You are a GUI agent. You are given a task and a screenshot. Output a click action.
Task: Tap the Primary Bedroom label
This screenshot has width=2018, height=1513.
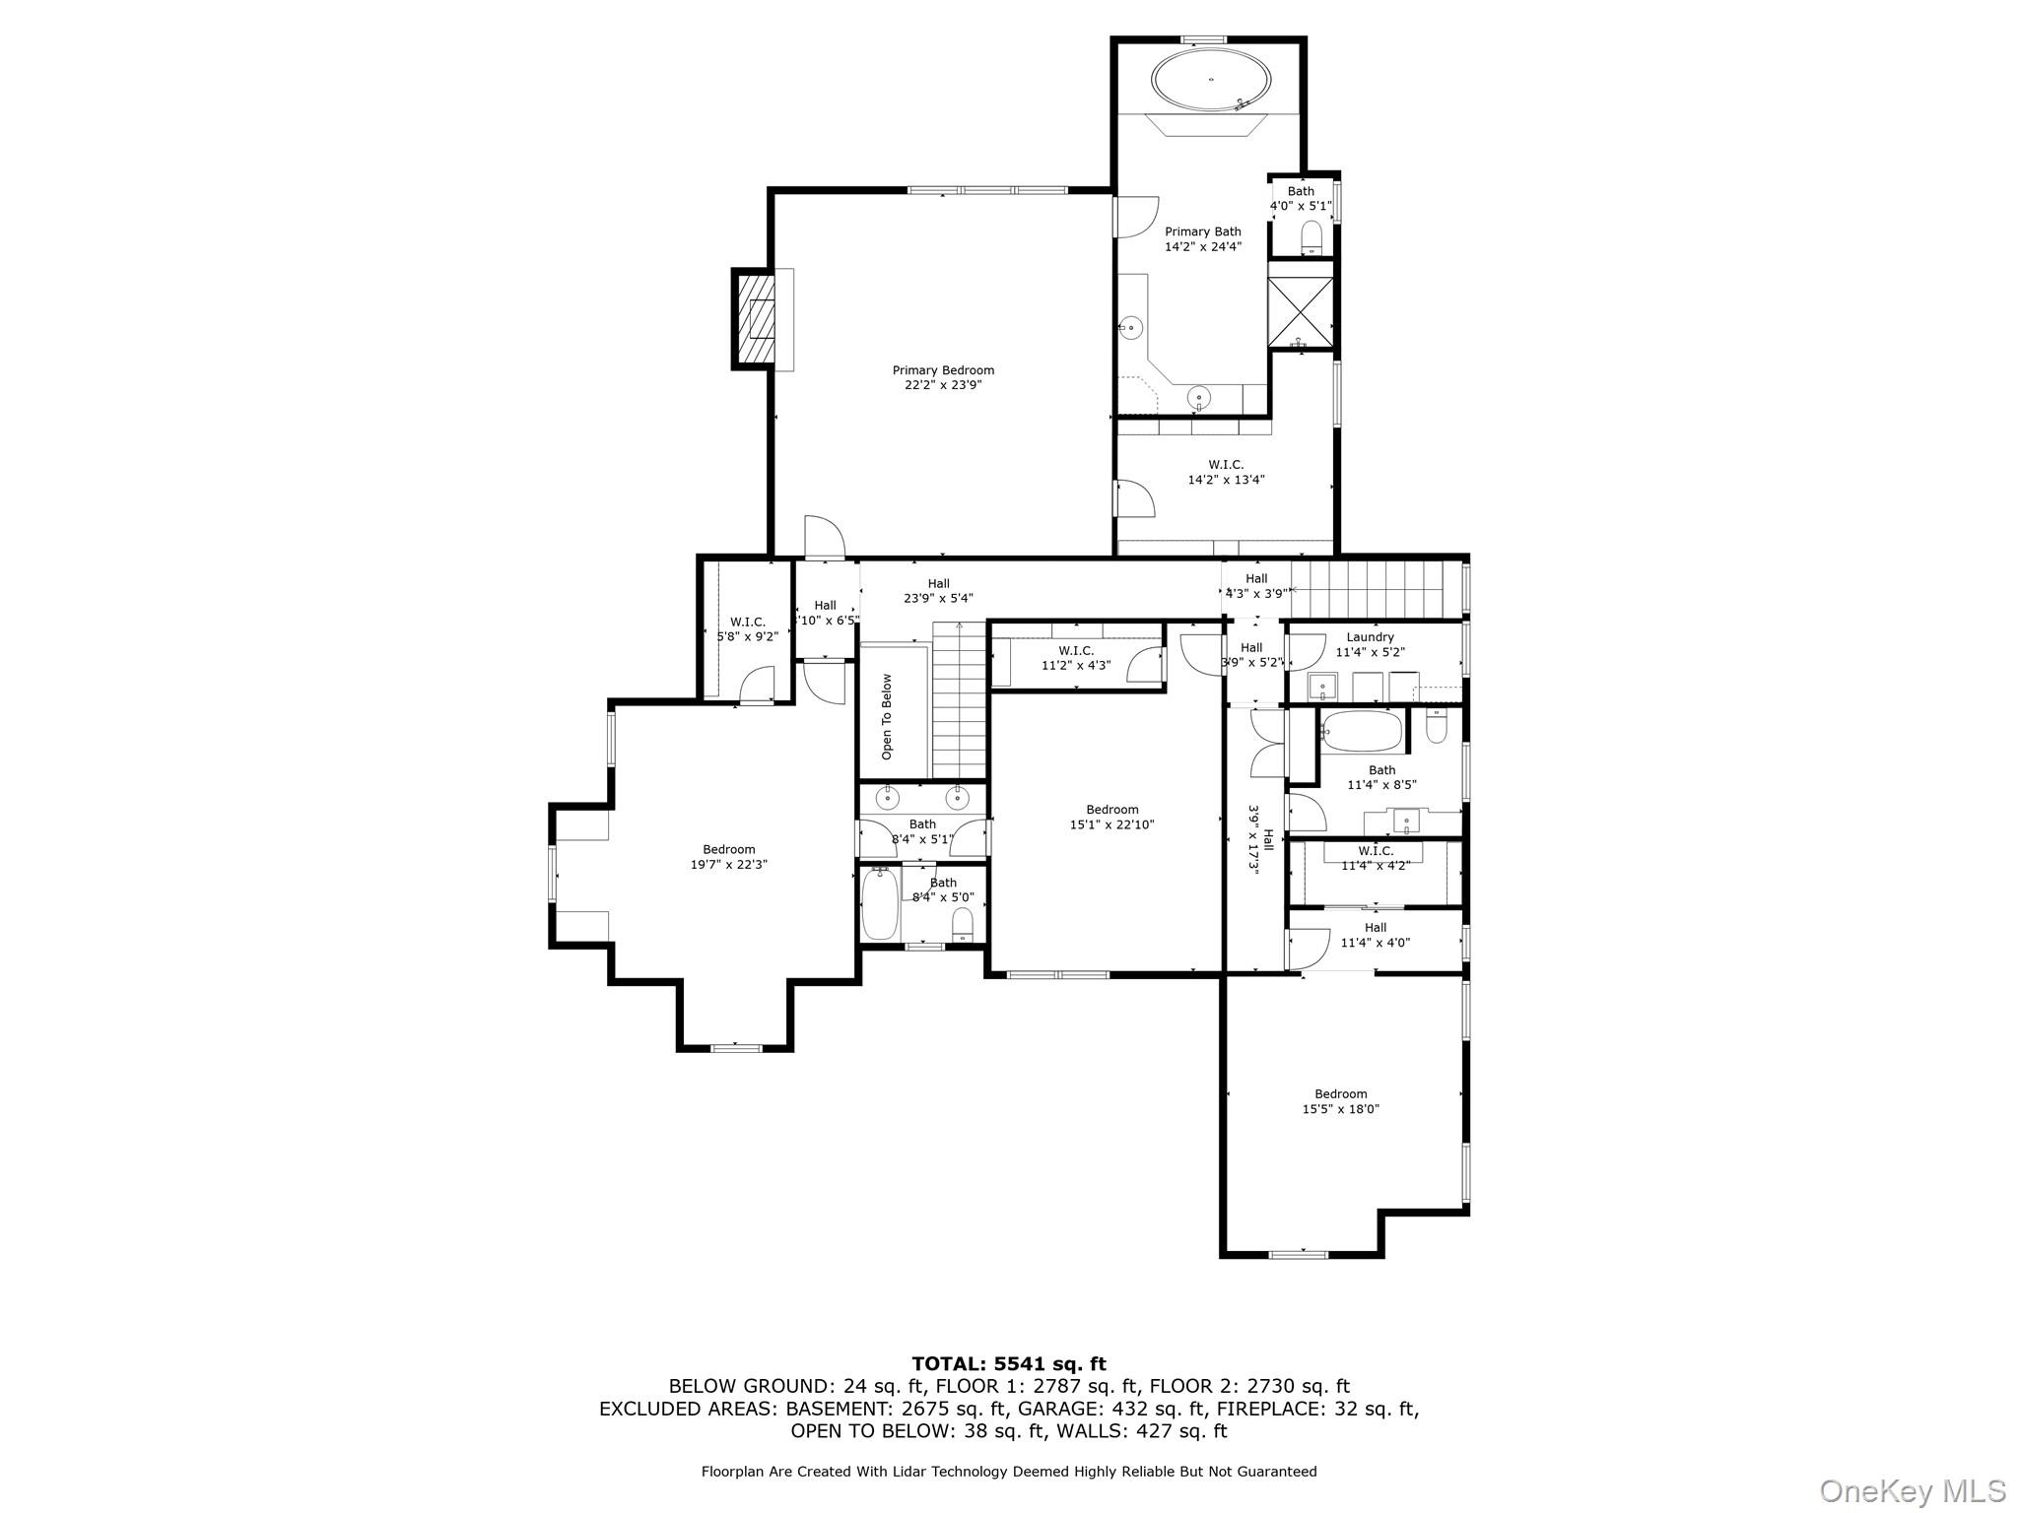(x=943, y=377)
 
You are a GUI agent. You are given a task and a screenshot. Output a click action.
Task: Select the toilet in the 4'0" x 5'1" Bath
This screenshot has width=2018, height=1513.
(x=1311, y=236)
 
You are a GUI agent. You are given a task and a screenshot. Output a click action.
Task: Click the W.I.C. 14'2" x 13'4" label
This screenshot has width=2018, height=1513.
(x=1226, y=472)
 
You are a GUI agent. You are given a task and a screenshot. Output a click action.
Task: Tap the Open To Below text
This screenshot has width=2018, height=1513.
(x=887, y=716)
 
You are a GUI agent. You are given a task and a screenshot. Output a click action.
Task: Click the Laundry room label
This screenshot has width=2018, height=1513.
(x=1370, y=644)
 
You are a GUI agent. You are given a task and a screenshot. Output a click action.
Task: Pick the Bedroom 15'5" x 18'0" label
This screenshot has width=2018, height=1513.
(x=1340, y=1101)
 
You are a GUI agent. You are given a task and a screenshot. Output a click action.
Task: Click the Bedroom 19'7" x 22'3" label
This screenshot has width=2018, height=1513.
(x=728, y=857)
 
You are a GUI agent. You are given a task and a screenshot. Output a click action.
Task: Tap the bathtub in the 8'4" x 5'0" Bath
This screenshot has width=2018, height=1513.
(x=880, y=903)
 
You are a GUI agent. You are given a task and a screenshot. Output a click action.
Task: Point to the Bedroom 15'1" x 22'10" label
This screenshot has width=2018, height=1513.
(x=1111, y=817)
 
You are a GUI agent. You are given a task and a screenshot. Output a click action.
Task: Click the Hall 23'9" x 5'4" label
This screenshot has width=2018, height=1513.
(x=938, y=590)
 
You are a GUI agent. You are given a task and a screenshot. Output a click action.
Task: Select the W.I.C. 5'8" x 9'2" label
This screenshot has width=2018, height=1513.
(x=747, y=628)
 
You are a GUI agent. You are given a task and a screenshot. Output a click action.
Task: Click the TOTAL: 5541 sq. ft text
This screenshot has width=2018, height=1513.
(x=1008, y=1363)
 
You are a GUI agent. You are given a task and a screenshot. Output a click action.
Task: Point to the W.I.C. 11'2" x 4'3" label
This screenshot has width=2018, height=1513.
(x=1076, y=658)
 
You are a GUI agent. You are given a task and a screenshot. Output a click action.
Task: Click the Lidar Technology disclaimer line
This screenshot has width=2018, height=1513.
(x=1008, y=1472)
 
